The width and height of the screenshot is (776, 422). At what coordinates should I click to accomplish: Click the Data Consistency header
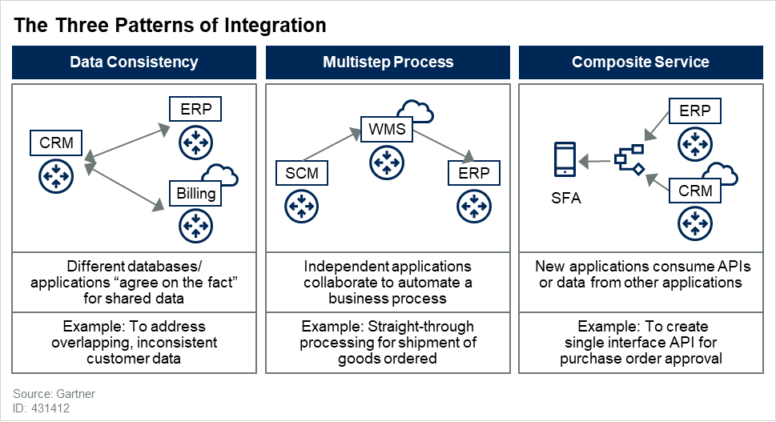[134, 62]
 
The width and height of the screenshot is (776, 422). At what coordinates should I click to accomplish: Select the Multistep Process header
[388, 62]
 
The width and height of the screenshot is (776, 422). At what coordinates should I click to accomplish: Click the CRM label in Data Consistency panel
[57, 143]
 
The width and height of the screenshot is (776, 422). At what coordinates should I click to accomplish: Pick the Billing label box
[192, 193]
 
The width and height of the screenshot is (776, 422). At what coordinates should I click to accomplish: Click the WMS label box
[387, 128]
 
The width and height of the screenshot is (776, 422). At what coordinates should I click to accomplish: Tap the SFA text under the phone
[565, 198]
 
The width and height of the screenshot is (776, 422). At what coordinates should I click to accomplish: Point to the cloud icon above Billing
[220, 174]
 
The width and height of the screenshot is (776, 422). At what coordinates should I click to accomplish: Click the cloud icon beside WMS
[416, 111]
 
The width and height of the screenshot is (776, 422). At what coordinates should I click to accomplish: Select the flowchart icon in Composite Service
[629, 159]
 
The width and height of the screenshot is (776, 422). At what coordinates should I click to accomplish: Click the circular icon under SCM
[300, 206]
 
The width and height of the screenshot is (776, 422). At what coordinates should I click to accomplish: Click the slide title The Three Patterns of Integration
[171, 26]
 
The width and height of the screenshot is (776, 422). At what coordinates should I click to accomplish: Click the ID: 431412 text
[42, 408]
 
